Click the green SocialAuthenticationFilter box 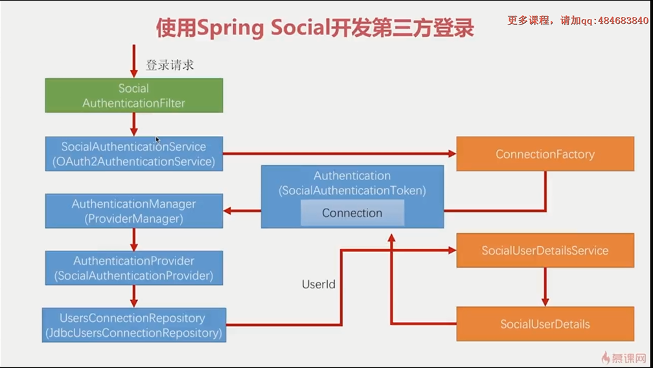point(133,95)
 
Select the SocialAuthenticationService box point(133,154)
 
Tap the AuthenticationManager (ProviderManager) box point(133,211)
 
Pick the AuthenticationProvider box point(133,268)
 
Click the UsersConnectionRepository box point(133,325)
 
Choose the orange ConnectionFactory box point(545,154)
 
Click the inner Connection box point(352,213)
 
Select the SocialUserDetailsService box point(545,250)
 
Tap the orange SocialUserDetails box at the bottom point(545,324)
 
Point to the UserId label point(319,284)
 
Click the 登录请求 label point(170,65)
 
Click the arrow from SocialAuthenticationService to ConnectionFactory point(337,154)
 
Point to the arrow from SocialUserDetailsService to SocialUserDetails point(545,286)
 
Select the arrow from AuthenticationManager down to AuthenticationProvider point(134,239)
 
